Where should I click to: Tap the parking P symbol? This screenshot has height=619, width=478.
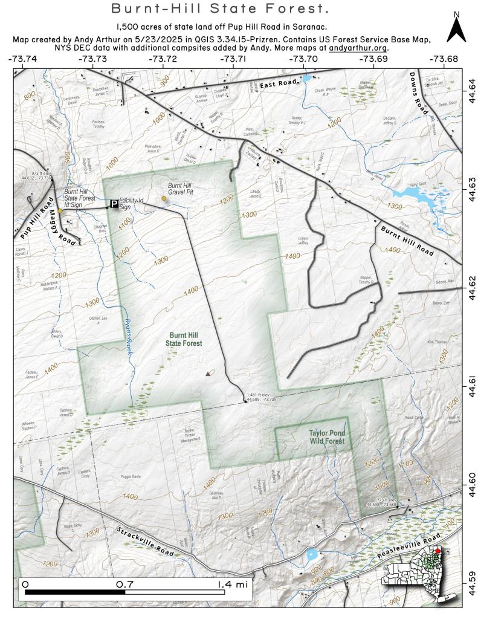[114, 204]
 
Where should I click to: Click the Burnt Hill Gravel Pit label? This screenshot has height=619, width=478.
[182, 189]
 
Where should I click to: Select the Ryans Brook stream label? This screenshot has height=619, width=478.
[128, 332]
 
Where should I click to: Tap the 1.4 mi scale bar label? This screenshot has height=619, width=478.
[233, 585]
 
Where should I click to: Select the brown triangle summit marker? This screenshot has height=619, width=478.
[208, 374]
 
